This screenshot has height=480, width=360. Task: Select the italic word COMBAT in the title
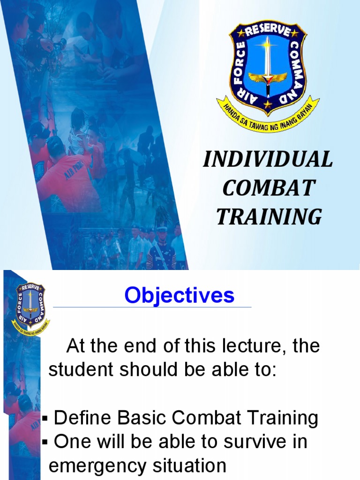(x=268, y=189)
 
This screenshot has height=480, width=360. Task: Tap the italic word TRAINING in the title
(x=269, y=217)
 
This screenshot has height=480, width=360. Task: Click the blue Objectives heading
(x=179, y=296)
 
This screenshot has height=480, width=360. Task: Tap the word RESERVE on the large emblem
(x=268, y=30)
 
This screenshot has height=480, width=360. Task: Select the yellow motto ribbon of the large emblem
(x=268, y=117)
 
